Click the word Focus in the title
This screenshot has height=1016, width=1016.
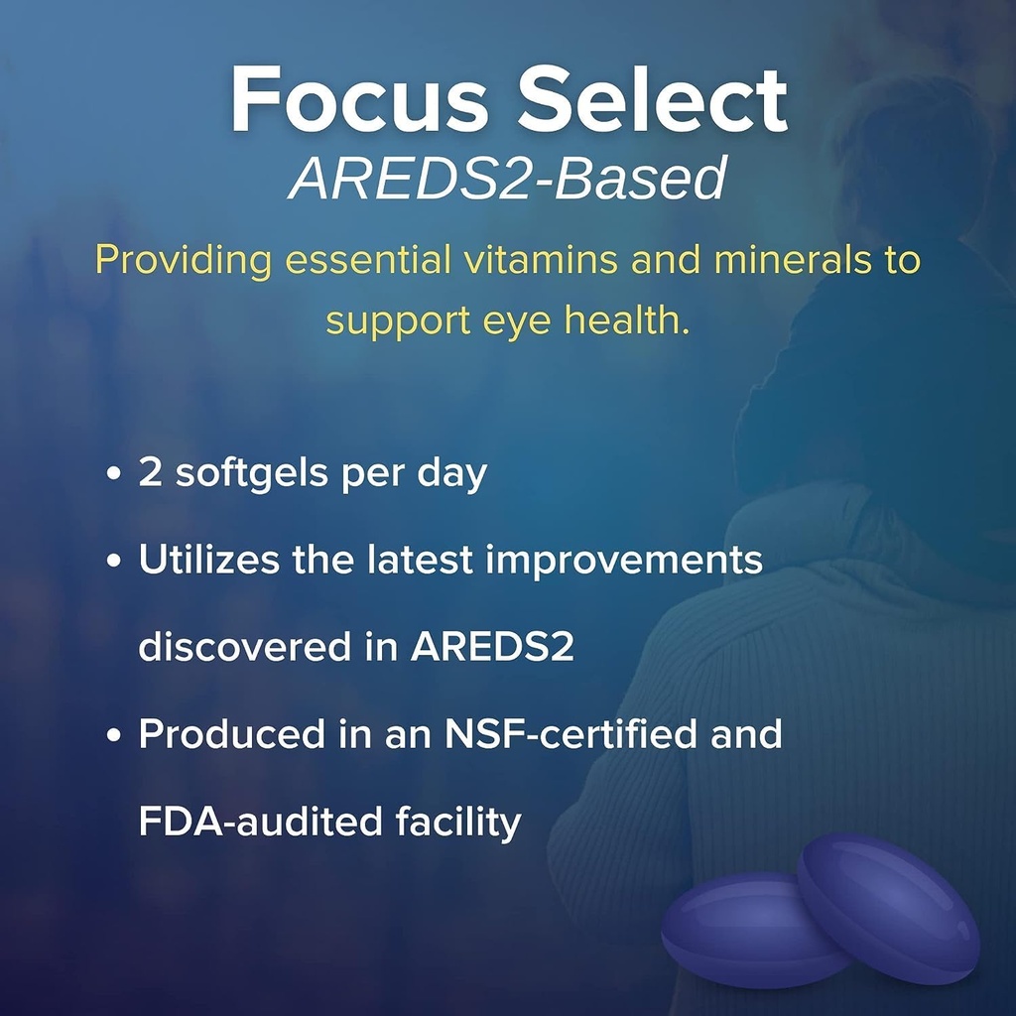(359, 100)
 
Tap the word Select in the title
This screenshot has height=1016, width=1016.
(656, 100)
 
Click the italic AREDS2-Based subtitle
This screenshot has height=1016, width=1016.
(507, 179)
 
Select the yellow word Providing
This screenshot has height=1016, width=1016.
(185, 260)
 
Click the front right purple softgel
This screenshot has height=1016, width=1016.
(889, 908)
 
